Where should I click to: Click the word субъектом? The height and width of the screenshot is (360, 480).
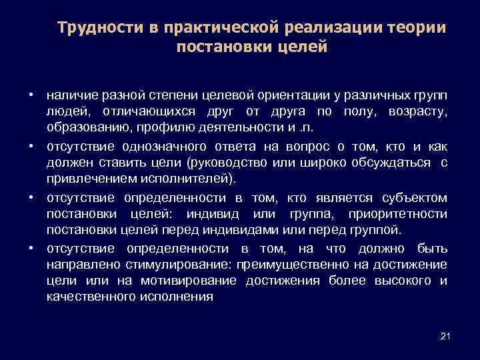[415, 199]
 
